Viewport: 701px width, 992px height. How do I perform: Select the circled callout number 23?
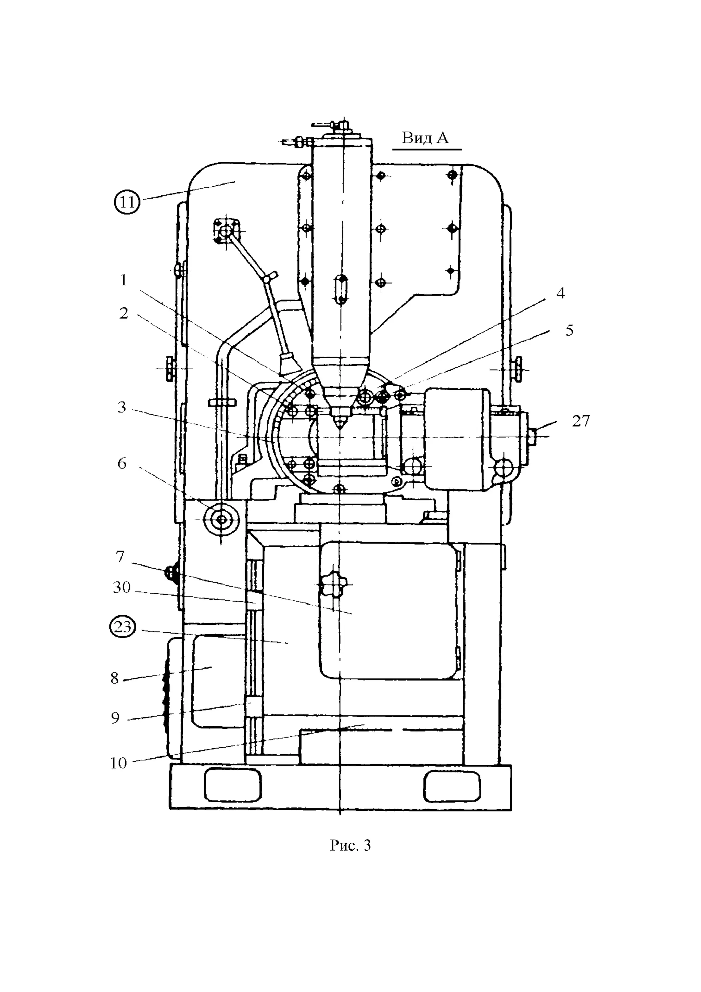(x=123, y=626)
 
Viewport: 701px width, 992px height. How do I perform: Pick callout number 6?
(x=122, y=463)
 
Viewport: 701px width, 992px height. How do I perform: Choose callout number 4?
(x=560, y=293)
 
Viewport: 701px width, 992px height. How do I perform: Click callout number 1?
(x=124, y=280)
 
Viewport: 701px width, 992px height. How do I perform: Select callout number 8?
(x=114, y=678)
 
